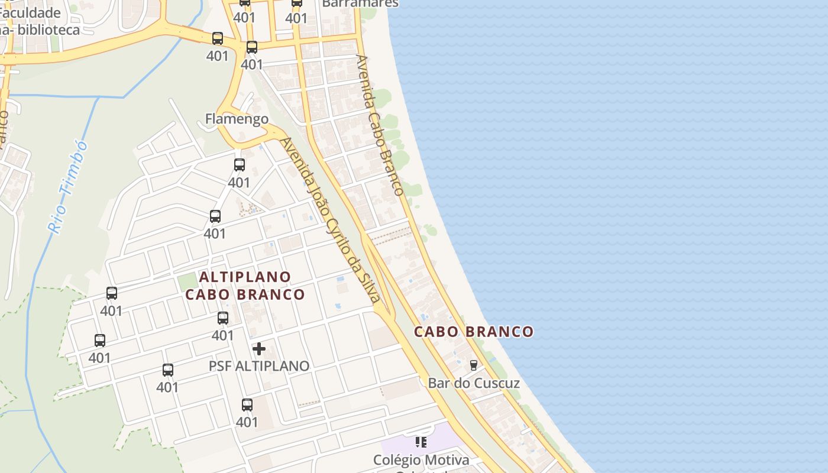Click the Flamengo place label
pyautogui.click(x=237, y=119)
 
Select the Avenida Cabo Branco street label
pyautogui.click(x=380, y=125)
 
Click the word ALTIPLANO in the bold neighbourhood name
pyautogui.click(x=245, y=277)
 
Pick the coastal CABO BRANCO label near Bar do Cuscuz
pyautogui.click(x=474, y=332)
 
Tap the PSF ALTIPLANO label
pyautogui.click(x=259, y=366)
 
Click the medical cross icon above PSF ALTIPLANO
pyautogui.click(x=259, y=349)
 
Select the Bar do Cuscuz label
pyautogui.click(x=474, y=383)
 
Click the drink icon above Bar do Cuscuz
pyautogui.click(x=473, y=365)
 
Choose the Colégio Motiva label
pyautogui.click(x=421, y=460)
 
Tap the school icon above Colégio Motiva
pyautogui.click(x=421, y=442)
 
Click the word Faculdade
pyautogui.click(x=31, y=13)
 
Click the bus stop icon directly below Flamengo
pyautogui.click(x=239, y=165)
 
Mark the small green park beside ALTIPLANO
pyautogui.click(x=187, y=281)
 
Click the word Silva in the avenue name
pyautogui.click(x=367, y=285)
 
